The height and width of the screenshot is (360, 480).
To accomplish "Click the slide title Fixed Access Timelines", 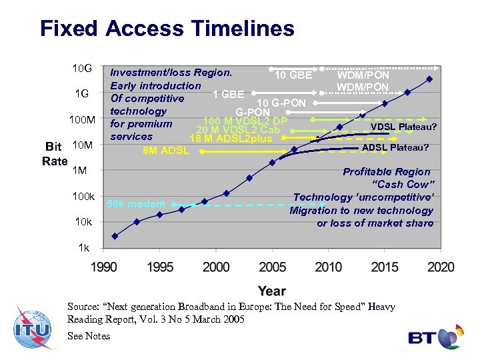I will [167, 29].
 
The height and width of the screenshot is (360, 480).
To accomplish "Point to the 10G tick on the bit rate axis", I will [82, 69].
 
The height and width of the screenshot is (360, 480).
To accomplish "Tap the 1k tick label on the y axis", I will [83, 247].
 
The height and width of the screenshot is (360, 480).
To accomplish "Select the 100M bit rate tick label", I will [82, 120].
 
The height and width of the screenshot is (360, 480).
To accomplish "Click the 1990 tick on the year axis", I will [103, 267].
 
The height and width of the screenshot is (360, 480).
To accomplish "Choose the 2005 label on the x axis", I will [271, 267].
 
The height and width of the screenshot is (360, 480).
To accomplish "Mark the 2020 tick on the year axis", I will [440, 267].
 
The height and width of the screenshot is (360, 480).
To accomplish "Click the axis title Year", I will [271, 291].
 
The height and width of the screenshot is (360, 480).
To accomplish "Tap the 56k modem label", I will [136, 204].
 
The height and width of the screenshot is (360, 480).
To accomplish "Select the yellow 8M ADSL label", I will [167, 151].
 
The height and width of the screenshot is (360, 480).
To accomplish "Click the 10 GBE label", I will [293, 75].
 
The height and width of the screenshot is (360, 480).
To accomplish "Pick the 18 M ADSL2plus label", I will [231, 139].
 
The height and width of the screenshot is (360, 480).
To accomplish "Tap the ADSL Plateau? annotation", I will [395, 147].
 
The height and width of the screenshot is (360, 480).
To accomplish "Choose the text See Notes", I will [89, 336].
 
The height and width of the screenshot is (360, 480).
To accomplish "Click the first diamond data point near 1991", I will [115, 236].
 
